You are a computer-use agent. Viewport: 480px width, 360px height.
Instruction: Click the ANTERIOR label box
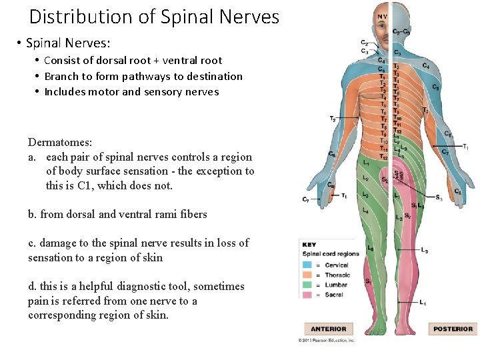[328, 329]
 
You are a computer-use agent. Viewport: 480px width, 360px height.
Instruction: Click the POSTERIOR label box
[453, 329]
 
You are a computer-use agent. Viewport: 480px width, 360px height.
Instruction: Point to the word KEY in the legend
[310, 245]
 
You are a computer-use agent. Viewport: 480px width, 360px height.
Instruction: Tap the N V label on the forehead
[382, 17]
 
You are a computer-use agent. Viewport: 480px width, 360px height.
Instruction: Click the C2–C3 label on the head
[401, 31]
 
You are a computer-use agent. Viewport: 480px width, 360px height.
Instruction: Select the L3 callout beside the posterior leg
[425, 251]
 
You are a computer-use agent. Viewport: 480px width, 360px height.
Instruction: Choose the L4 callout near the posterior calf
[423, 303]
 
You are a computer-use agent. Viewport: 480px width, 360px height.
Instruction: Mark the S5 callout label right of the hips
[439, 198]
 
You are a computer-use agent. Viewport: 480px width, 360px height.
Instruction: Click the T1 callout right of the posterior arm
[465, 147]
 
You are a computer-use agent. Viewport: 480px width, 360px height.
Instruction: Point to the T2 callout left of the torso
[333, 119]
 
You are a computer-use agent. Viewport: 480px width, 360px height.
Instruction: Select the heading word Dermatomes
[60, 142]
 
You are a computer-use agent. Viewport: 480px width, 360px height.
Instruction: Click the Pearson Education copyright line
[327, 340]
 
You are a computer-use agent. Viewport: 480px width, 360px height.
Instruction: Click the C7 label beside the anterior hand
[305, 199]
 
